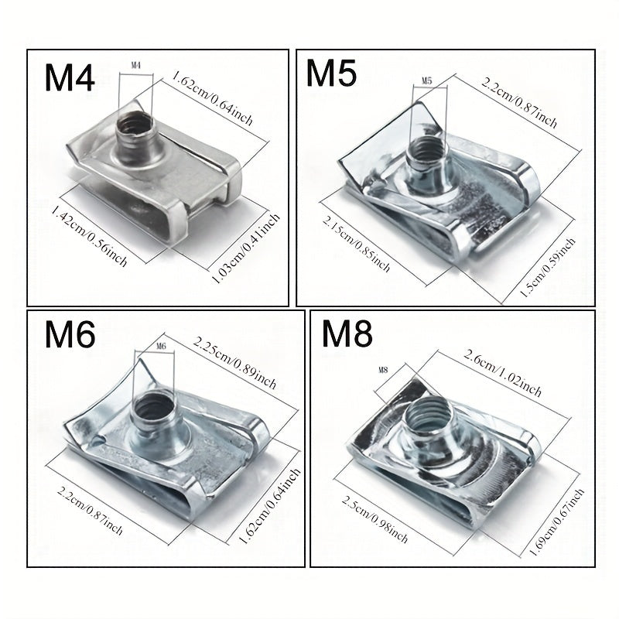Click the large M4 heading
coord(70,78)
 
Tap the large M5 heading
coord(331,73)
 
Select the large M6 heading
coord(70,334)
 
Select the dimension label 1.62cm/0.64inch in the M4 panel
coord(212,98)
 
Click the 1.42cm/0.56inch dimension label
coord(89,236)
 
